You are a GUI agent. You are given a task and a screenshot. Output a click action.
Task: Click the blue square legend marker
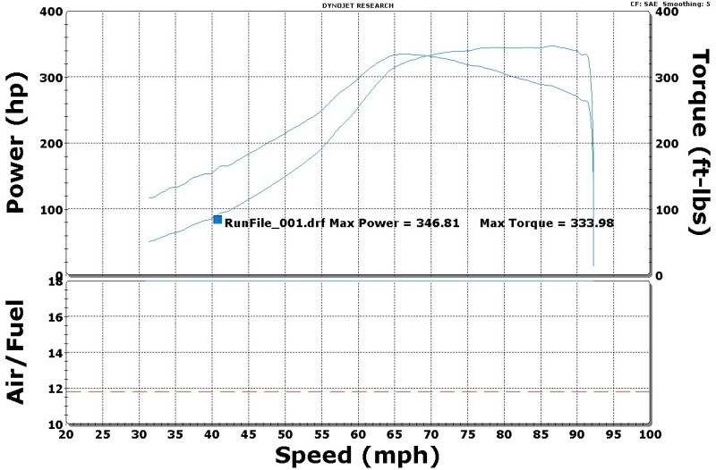217,220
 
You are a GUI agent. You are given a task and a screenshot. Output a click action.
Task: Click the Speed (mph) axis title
357,456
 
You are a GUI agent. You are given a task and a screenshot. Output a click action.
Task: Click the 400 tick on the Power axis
50,12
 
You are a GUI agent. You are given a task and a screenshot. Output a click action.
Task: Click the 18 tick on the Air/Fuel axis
55,282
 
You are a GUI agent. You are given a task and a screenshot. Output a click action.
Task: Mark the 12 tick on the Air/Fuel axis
55,389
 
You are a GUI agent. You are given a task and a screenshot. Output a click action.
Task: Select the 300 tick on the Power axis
50,78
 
